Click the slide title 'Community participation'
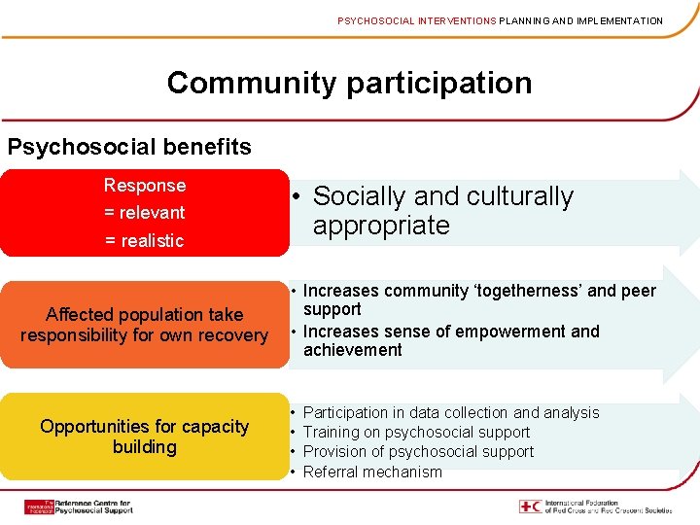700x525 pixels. coord(349,83)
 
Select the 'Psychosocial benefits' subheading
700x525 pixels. coord(129,147)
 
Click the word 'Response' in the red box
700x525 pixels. coord(145,185)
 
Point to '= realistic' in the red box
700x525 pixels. coord(145,240)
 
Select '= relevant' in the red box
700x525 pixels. coord(145,212)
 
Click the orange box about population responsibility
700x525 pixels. coord(144,325)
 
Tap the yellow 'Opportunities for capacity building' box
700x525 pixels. coord(144,437)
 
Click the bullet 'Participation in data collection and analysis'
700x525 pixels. coord(451,412)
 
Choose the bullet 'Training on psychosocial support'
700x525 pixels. coord(416,432)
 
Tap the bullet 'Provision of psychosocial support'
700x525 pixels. coord(418,451)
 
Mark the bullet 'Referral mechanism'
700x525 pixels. coord(372,472)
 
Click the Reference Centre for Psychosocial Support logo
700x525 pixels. coord(79,507)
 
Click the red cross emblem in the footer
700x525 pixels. coord(530,507)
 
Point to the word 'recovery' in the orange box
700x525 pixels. coord(234,335)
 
